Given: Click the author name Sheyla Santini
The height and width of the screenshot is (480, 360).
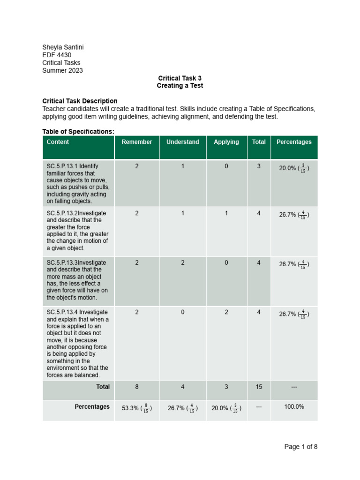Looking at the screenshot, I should (63, 47).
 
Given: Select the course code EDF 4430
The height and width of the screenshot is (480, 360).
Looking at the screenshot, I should (57, 55).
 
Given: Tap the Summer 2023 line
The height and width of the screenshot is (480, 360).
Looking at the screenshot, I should (62, 70).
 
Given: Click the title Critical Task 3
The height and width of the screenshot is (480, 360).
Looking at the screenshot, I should (180, 78).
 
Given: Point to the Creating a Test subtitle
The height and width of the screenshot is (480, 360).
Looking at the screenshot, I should (180, 86).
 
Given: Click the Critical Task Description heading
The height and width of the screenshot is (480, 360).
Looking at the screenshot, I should (80, 101).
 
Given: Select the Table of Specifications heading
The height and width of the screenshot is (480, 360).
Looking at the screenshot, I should (78, 131).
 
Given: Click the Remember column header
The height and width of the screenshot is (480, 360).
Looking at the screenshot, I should (137, 142).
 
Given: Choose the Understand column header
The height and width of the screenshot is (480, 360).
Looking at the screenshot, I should (182, 142).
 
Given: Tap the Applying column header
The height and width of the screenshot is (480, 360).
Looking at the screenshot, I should (226, 142).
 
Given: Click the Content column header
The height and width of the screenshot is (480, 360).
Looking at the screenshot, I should (58, 142).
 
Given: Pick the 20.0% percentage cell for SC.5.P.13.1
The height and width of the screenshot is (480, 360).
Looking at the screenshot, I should (294, 168).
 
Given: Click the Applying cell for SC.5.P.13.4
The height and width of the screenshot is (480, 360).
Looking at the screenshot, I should (226, 312).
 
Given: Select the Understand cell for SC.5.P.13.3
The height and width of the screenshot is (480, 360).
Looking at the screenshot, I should (182, 263).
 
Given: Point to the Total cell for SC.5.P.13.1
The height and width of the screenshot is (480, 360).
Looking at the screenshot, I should (259, 166).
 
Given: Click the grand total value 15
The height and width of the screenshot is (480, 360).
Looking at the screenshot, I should (259, 387).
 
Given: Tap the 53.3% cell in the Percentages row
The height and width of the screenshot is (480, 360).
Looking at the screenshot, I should (137, 408).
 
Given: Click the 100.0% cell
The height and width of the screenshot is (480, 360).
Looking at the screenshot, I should (294, 407).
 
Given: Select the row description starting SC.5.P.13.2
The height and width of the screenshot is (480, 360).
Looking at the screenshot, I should (77, 231).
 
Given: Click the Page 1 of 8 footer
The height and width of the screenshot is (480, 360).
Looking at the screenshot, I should (300, 447).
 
